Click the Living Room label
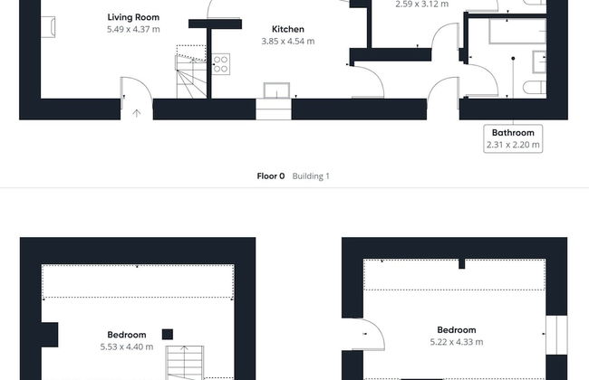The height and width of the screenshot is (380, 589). point(133,17)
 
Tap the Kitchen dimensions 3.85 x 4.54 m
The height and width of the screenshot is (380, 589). point(288,42)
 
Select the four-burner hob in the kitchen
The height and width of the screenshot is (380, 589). point(221,64)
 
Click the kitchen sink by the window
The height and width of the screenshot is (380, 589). point(277,90)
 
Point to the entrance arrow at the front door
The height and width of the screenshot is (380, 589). point(136,113)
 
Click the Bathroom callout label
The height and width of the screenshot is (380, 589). point(513,133)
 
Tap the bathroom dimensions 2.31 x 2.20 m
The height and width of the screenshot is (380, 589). point(513,145)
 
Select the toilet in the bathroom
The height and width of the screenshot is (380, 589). point(535,88)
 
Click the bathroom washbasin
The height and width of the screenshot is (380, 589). point(539,62)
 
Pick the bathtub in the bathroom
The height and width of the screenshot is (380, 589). point(517,31)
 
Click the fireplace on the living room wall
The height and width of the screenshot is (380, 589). point(48,27)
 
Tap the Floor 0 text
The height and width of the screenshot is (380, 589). point(271,176)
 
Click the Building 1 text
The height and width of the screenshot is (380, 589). point(311,176)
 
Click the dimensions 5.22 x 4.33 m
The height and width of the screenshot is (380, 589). point(457,342)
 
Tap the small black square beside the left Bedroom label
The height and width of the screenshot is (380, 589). point(168,335)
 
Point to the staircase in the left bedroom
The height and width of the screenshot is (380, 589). point(185,363)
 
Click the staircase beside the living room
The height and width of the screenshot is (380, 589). point(191,77)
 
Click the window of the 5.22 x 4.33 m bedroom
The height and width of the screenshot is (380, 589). point(556,335)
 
